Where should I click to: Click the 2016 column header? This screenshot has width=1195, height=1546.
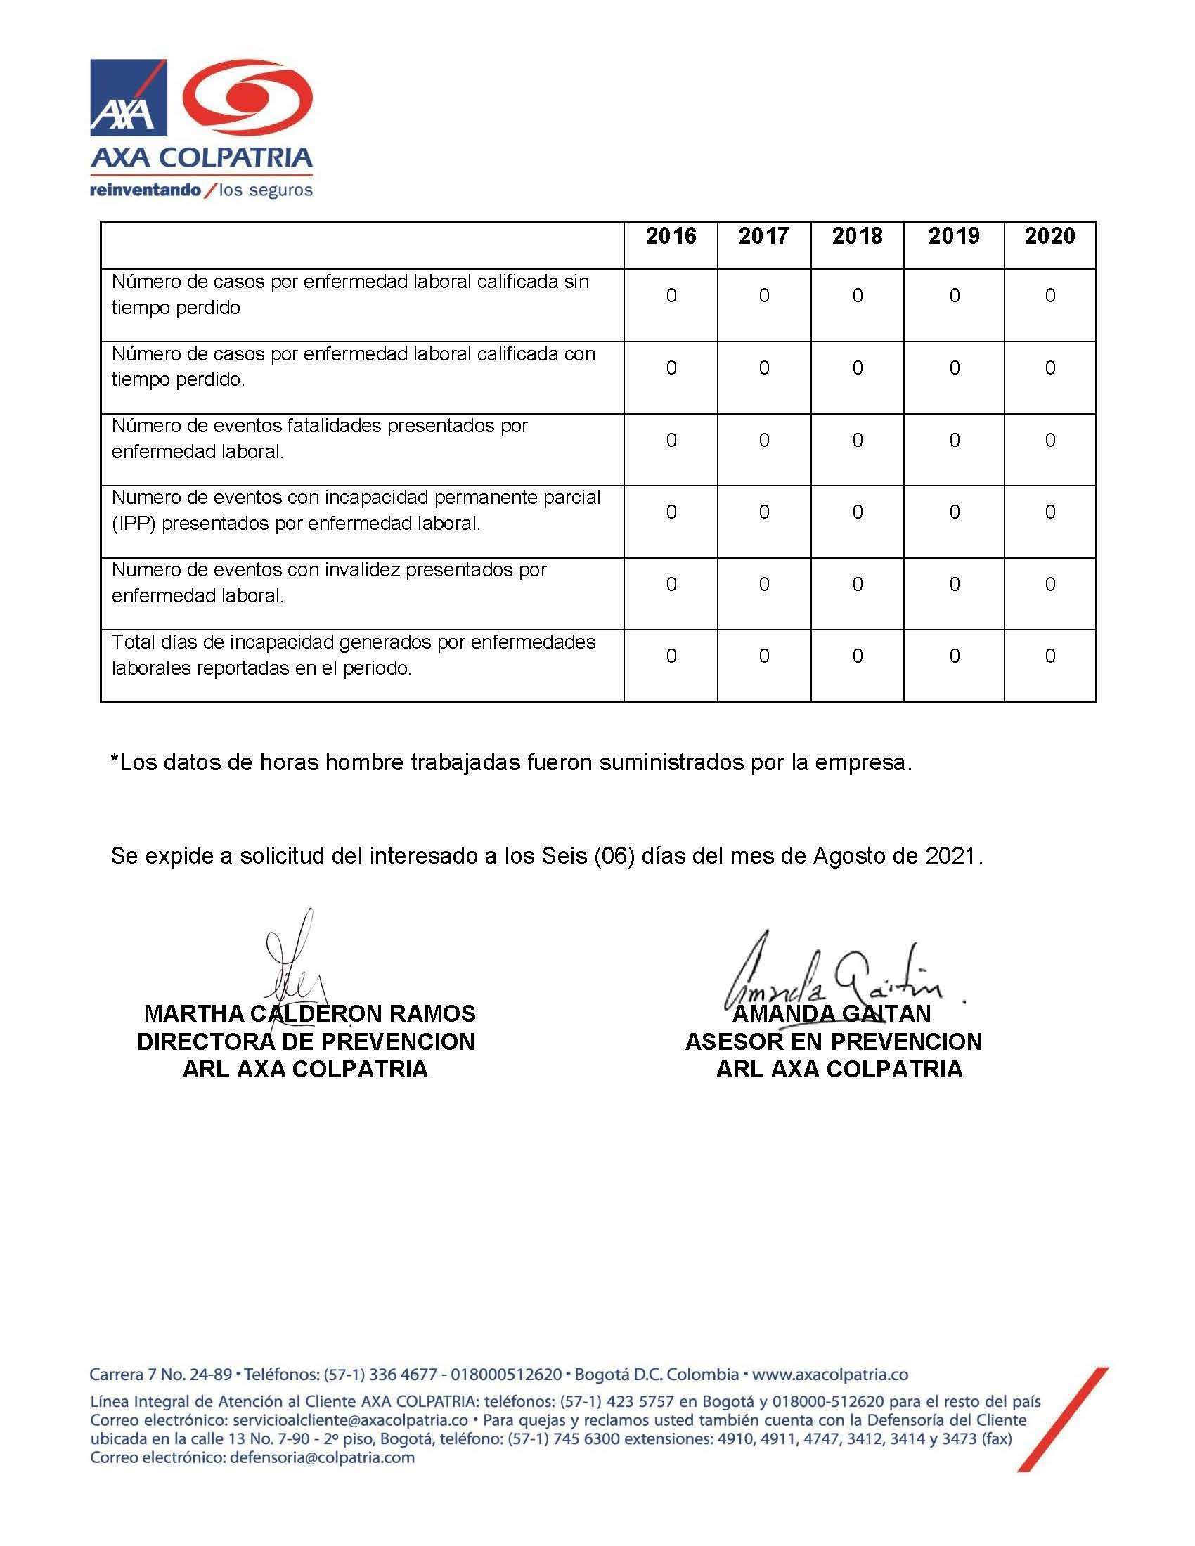671,236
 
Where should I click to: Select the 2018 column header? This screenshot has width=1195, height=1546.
857,236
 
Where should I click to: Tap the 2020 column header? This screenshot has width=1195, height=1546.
1049,236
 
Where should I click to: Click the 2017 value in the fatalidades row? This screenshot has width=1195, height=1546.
764,441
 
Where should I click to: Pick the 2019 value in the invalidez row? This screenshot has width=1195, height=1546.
954,584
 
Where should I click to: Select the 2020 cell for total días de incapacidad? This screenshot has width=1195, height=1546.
1049,656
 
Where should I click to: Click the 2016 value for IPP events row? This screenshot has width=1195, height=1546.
671,512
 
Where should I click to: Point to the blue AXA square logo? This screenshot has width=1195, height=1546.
128,98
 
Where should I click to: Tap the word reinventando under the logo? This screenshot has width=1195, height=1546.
145,190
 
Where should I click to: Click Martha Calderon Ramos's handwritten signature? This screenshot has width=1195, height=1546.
294,961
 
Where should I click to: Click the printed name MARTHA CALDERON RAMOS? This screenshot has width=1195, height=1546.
309,1013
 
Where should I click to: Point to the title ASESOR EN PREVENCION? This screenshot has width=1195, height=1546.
833,1041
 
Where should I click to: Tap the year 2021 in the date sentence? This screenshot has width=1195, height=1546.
952,857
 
